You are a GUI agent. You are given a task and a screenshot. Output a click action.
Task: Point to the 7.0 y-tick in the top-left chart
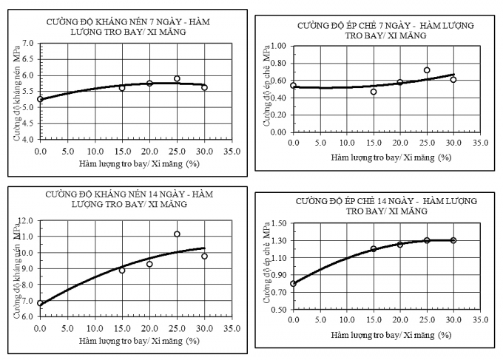point(30,44)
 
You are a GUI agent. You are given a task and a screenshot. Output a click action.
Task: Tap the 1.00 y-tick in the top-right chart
point(278,46)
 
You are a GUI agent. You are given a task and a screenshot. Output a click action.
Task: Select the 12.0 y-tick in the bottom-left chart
point(27,220)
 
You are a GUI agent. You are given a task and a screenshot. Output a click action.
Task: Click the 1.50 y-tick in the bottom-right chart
point(278,223)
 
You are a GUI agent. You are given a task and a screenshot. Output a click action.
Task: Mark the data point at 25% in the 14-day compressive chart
point(177,234)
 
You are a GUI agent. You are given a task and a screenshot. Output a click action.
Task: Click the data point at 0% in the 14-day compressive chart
point(40,303)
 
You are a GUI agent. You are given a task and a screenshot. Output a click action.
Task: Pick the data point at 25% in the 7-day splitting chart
point(427,70)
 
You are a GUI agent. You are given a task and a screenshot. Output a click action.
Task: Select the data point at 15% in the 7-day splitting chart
point(374,92)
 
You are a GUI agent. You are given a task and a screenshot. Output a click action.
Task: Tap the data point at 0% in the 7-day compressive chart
point(40,99)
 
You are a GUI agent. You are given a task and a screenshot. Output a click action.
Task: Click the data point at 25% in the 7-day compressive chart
point(177,78)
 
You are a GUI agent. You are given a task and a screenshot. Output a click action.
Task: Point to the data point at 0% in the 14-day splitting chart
point(293,283)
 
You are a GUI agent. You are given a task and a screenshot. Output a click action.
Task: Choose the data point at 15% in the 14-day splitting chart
point(374,249)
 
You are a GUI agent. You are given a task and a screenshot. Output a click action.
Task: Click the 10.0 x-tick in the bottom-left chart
point(94,327)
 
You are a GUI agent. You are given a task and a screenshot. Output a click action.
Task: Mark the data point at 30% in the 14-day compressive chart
point(204,257)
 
